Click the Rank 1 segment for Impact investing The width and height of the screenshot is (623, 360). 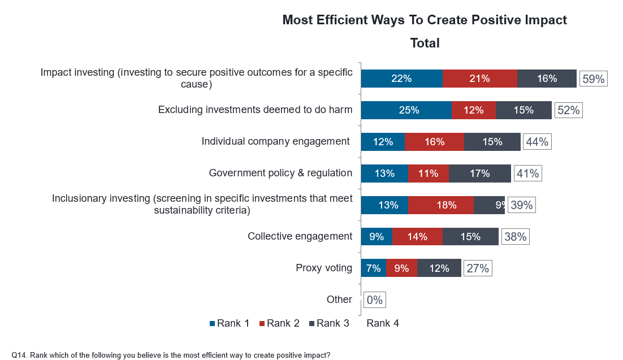(402, 79)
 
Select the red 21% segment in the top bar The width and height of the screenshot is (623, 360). (480, 79)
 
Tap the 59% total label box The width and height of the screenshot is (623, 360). (594, 79)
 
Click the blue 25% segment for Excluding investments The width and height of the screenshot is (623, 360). (406, 110)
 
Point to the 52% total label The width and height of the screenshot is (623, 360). (569, 110)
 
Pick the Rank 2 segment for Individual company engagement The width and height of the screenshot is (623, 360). (434, 142)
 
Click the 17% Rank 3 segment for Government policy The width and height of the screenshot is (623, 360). (479, 174)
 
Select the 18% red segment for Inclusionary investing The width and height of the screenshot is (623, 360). (441, 205)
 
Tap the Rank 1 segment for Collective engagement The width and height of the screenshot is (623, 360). (377, 237)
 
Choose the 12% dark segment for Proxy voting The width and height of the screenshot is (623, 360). (439, 268)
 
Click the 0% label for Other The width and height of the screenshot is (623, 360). (375, 300)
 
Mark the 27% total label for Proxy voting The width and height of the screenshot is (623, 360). (478, 268)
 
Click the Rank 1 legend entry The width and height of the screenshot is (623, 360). (230, 323)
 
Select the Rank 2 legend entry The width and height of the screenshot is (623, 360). (279, 323)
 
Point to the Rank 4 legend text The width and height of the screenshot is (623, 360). (383, 323)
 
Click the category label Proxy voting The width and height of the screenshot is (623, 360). (324, 268)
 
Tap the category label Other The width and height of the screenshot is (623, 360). (339, 300)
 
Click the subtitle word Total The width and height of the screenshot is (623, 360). (425, 43)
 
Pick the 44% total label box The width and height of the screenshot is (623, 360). (537, 142)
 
